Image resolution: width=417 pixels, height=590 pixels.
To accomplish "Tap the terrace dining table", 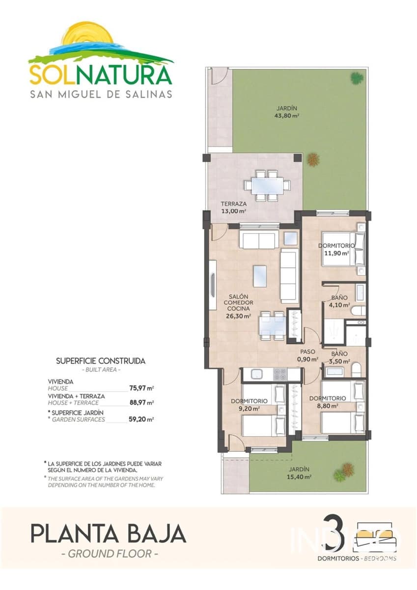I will click(267, 186).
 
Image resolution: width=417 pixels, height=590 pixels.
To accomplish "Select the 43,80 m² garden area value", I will click(287, 116).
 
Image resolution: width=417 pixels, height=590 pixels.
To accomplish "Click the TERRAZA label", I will click(233, 204).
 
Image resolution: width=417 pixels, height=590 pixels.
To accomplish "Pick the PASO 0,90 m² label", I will click(307, 355).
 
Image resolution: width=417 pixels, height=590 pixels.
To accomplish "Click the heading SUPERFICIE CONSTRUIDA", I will click(101, 360).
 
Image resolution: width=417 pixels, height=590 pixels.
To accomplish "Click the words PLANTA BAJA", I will click(108, 533).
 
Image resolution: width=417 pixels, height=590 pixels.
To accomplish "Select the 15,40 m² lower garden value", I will click(300, 476).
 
